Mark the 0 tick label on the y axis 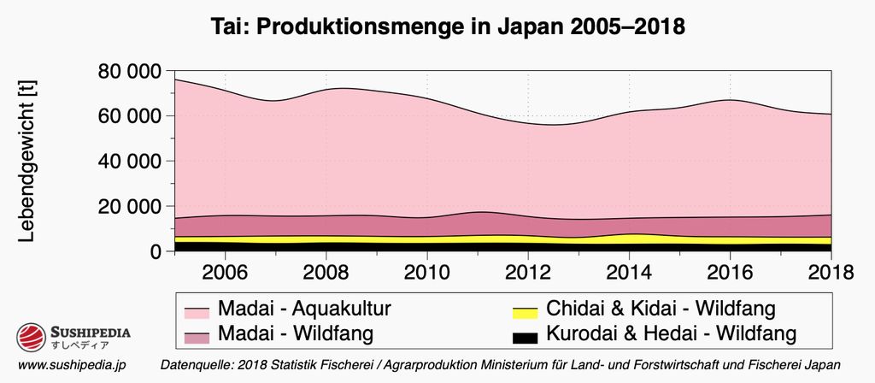tap(156, 252)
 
